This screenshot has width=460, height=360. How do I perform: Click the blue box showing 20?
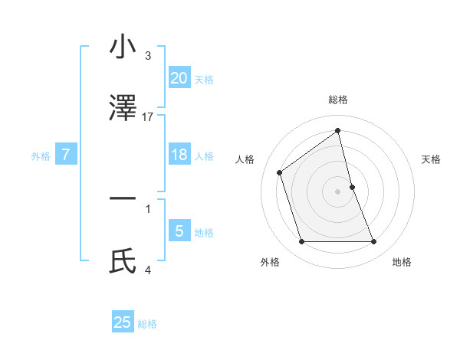pos(179,77)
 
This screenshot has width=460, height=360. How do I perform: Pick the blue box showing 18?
pos(179,155)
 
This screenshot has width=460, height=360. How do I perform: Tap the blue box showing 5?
pos(179,231)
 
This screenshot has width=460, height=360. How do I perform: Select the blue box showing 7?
pos(66,155)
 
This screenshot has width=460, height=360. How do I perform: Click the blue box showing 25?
pos(123,322)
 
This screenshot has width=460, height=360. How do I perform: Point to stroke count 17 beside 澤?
pos(148,116)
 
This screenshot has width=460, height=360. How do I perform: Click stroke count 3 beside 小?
pos(148,56)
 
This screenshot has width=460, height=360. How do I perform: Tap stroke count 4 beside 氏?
pos(148,270)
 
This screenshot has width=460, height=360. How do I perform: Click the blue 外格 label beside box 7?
pos(41,156)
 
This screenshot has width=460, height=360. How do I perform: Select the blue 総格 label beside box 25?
pos(147,324)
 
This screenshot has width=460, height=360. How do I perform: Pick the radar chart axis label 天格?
pos(431,159)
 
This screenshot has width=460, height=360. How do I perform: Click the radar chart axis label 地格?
pos(402,262)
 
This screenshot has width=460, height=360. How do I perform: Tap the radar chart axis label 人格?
pos(245,159)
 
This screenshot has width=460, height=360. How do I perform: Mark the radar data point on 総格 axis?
pos(338,130)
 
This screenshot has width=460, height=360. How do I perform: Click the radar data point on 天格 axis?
pos(352,187)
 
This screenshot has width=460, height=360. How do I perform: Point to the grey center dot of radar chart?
pos(338,191)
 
